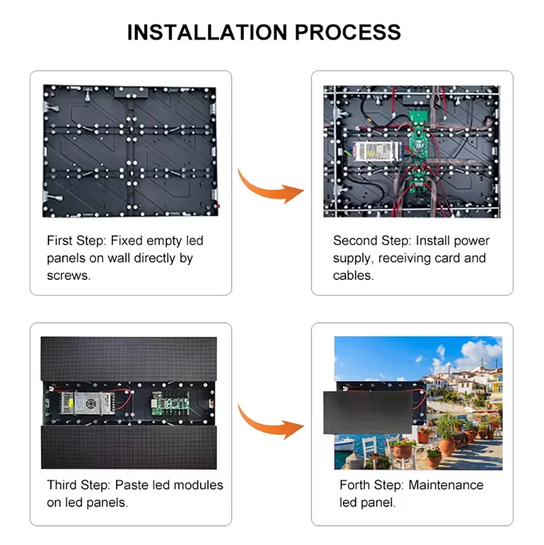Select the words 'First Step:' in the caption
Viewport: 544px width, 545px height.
point(77,240)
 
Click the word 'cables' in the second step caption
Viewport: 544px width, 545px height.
point(352,276)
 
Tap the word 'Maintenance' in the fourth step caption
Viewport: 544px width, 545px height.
point(446,485)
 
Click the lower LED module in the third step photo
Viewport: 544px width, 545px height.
point(129,447)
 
